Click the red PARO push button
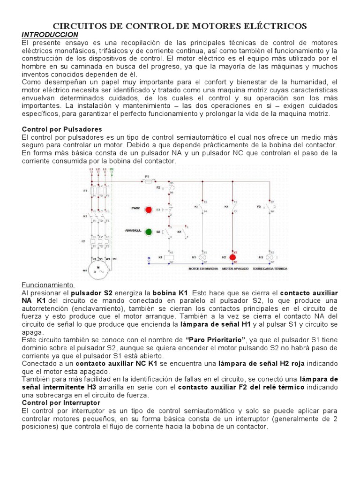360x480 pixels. point(149,209)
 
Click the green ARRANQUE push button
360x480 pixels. point(149,231)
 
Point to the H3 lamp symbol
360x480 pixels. point(270,257)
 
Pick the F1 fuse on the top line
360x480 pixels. point(146,179)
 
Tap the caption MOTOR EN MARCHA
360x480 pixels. point(202,269)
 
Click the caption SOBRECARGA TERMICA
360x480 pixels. point(270,269)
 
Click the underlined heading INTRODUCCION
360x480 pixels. point(50,36)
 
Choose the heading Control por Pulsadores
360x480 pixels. point(62,129)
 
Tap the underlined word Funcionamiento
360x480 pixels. point(47,285)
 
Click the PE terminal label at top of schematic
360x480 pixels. point(112,169)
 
